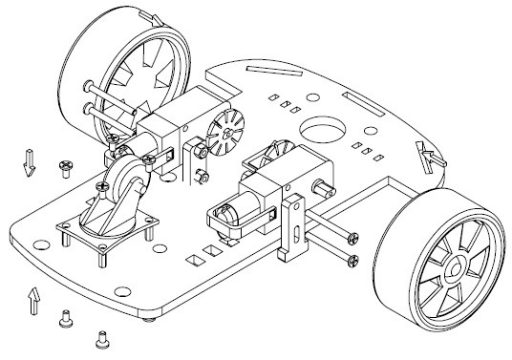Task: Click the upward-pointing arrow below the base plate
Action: coord(35,302)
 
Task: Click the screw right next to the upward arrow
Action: coord(66,318)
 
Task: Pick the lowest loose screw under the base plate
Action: coord(102,337)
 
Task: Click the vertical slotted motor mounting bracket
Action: coord(292,229)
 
